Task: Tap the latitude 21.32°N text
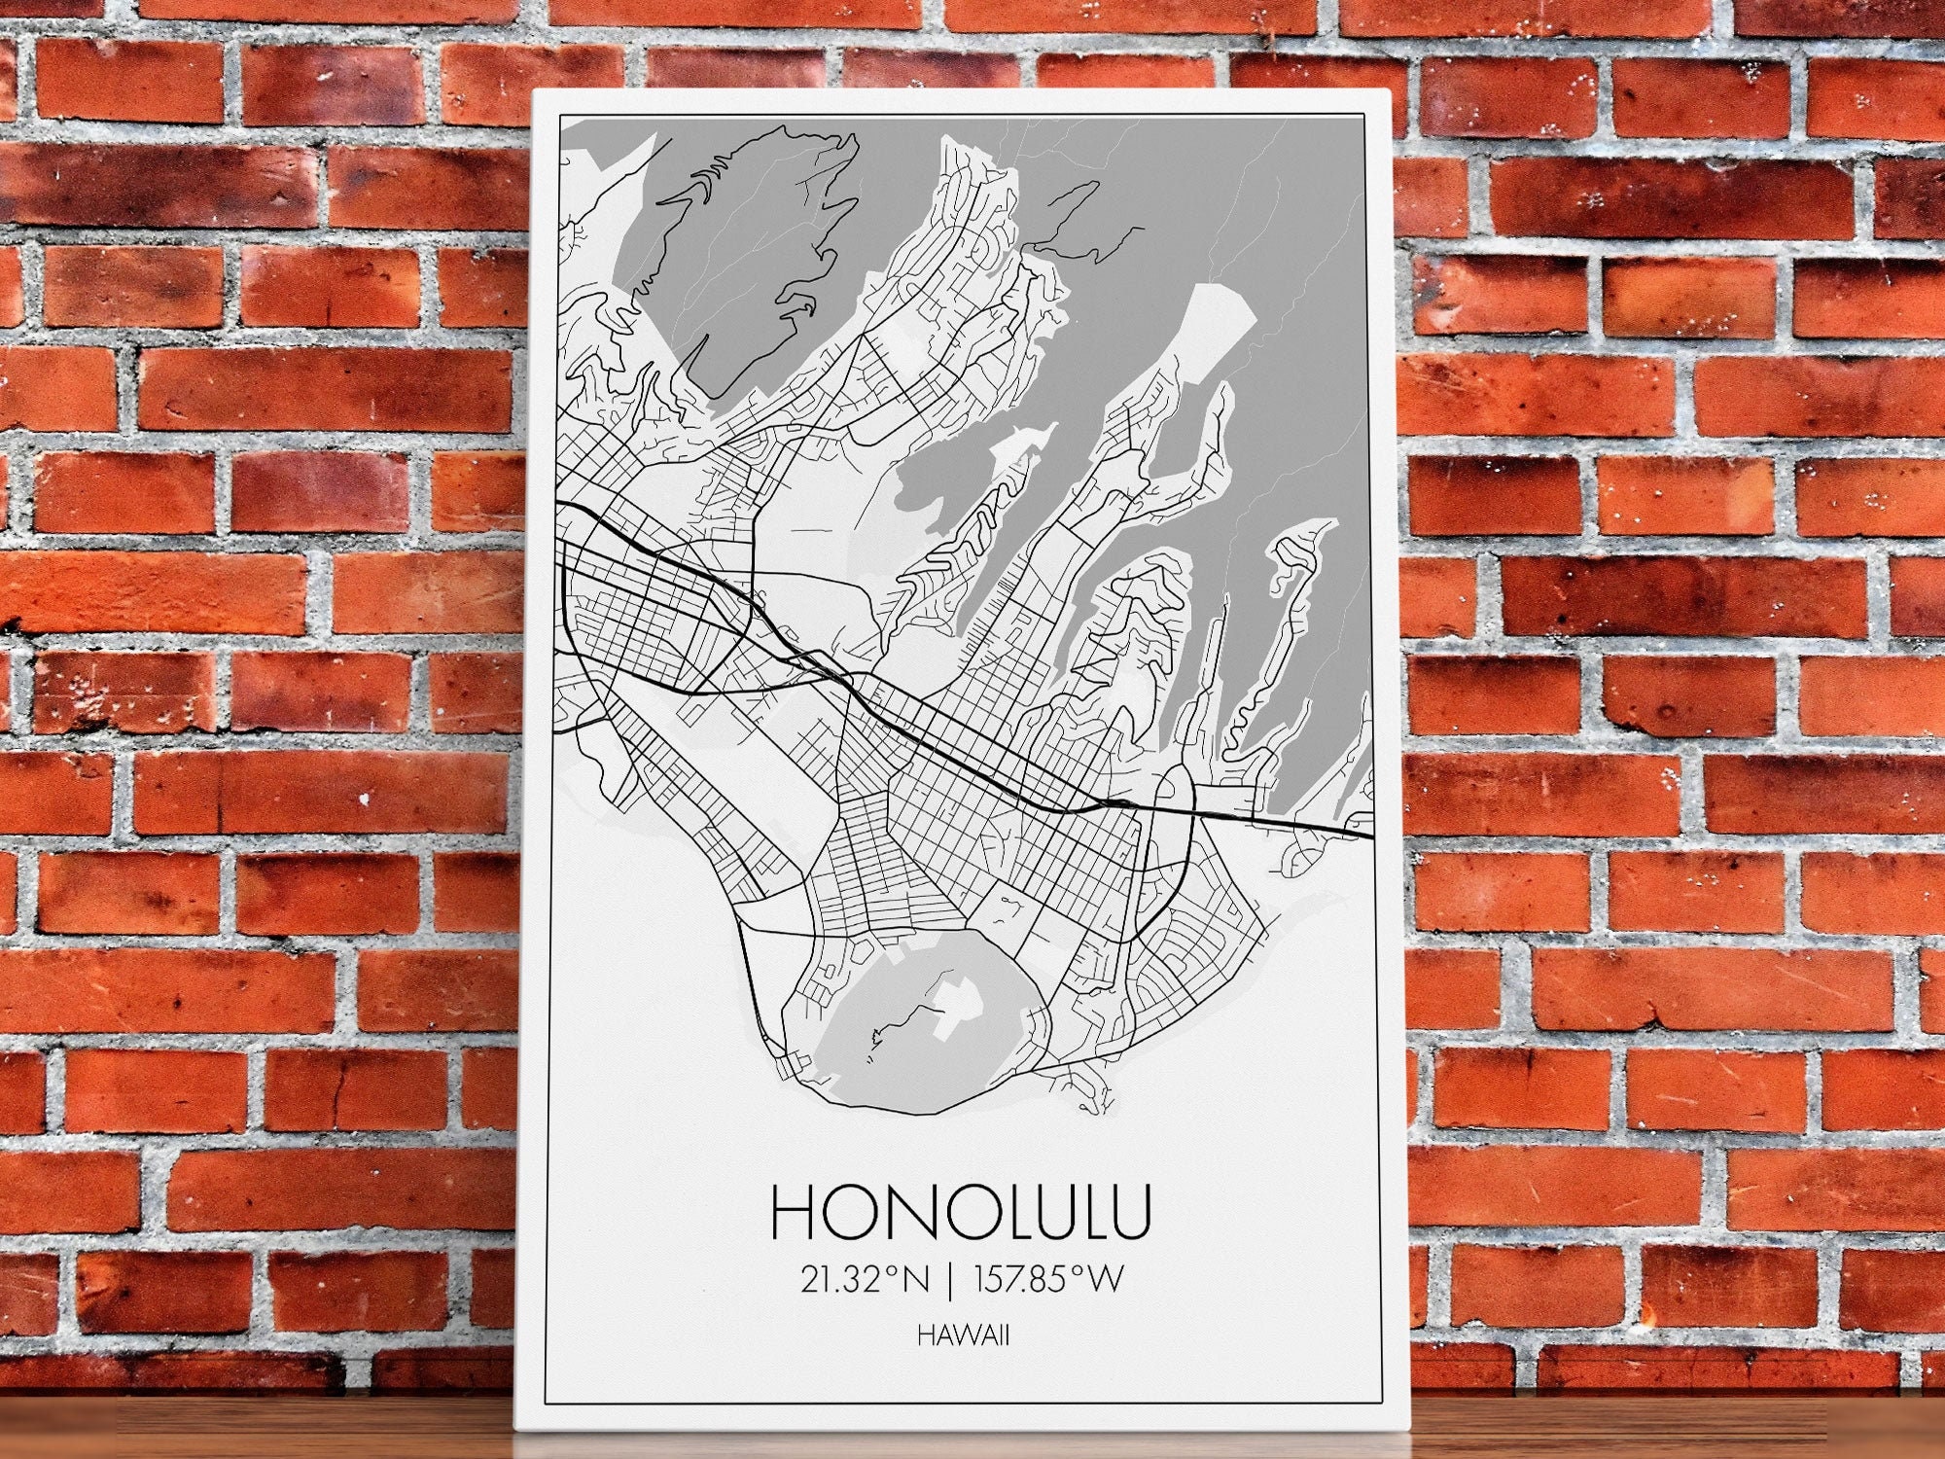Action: point(865,1279)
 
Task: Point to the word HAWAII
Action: point(962,1335)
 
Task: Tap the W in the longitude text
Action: point(1105,1279)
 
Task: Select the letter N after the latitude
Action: point(915,1279)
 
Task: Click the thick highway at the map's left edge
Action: point(574,508)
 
